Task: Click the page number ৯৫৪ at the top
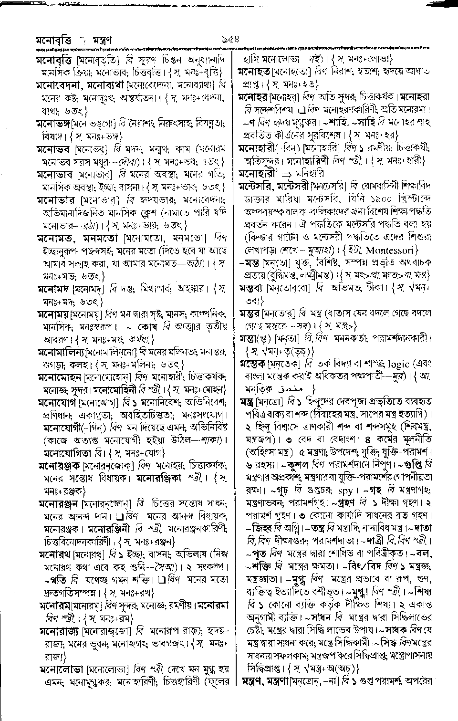(x=229, y=39)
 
